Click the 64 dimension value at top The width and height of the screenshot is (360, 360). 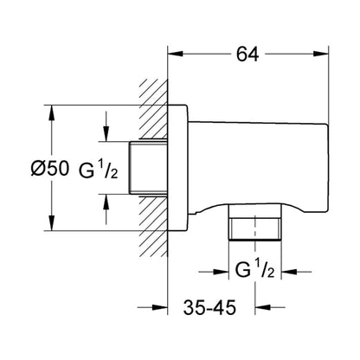click(x=247, y=55)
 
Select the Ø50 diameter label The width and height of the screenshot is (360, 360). click(x=50, y=169)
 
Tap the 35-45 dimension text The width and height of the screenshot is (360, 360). click(x=209, y=307)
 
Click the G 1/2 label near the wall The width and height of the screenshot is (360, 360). click(x=99, y=170)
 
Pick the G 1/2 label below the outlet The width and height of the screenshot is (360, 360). click(x=254, y=269)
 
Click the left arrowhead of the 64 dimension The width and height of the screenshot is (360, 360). click(x=176, y=54)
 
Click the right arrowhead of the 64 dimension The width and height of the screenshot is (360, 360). click(x=321, y=54)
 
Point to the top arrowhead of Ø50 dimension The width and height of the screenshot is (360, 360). click(x=52, y=112)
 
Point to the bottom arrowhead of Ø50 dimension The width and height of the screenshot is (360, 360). click(x=52, y=223)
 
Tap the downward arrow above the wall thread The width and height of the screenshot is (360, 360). click(x=106, y=126)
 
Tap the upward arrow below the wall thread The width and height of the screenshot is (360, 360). click(x=106, y=209)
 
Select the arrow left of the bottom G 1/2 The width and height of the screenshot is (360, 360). click(x=214, y=272)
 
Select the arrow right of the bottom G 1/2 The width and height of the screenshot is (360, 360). click(x=296, y=272)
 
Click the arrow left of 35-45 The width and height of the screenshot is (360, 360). click(x=152, y=307)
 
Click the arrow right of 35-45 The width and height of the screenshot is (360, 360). click(x=270, y=307)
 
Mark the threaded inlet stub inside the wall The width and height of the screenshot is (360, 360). click(x=148, y=168)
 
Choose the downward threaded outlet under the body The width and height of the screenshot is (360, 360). click(x=254, y=222)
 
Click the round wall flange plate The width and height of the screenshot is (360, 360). click(x=178, y=168)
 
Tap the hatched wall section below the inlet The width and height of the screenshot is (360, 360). click(x=153, y=226)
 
